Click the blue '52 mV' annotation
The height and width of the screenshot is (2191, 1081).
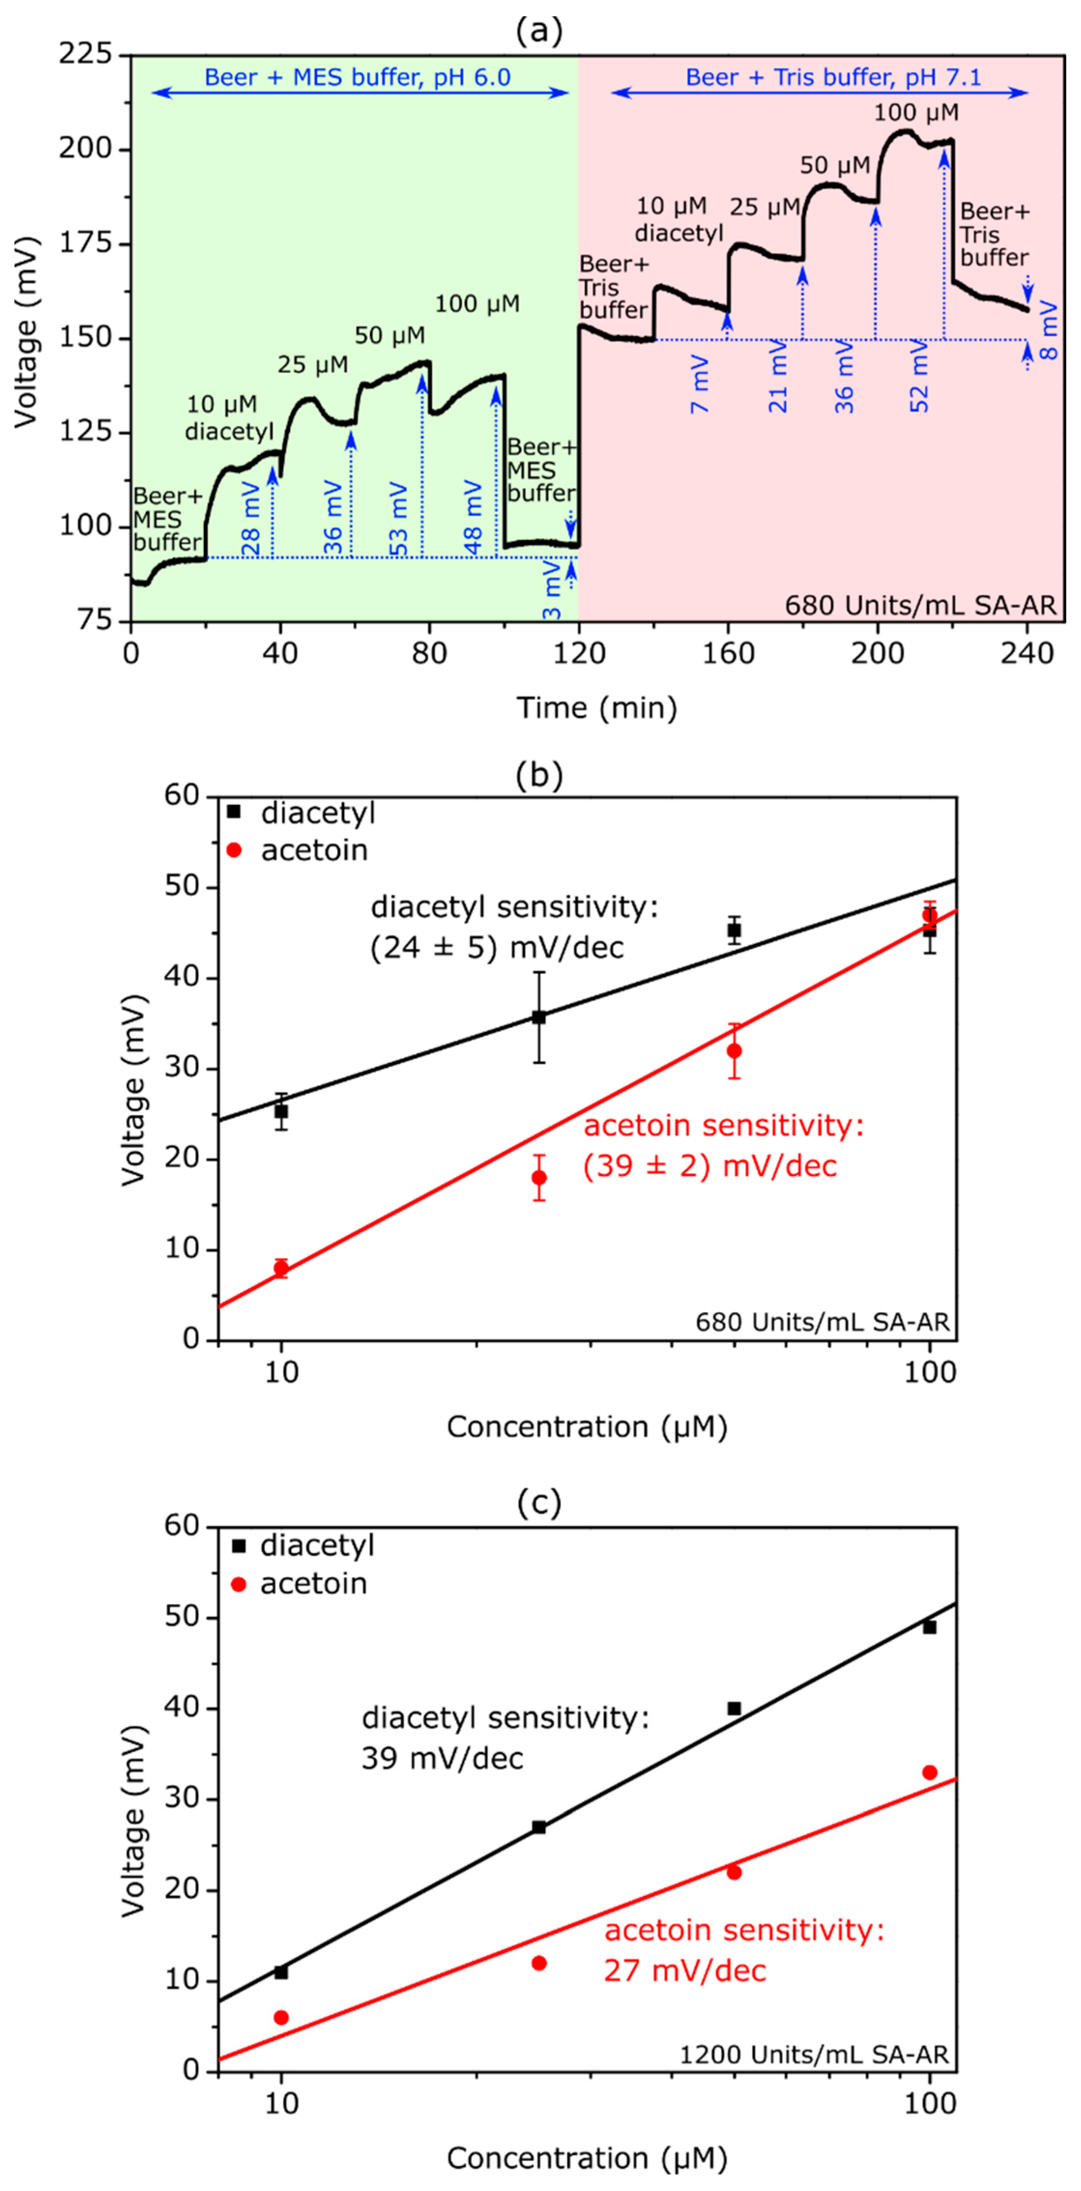(920, 376)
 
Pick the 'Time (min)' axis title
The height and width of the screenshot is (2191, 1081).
(597, 708)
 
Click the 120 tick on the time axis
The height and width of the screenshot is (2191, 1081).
(578, 653)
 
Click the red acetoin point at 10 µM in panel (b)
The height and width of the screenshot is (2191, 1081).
(282, 1268)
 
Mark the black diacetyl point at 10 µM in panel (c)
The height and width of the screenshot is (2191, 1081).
(282, 1972)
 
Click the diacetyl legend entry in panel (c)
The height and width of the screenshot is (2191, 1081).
(302, 1545)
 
